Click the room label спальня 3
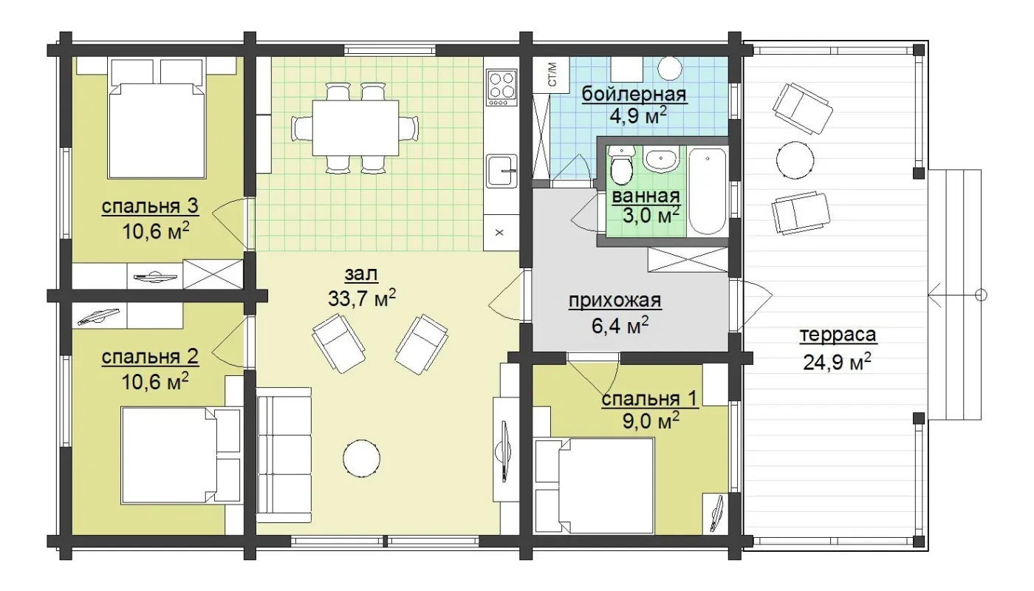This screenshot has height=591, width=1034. pos(150,206)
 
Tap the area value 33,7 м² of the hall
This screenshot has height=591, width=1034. pos(362,298)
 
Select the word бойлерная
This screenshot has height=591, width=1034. pos(634,95)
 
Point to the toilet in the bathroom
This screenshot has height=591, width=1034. pos(621,165)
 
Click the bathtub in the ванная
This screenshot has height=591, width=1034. pos(707,191)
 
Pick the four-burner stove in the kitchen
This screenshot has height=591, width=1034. pos(502,87)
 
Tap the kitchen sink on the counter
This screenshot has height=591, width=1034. pos(502,171)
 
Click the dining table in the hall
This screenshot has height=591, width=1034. pos(355,128)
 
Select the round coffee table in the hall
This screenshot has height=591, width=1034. pos(361,459)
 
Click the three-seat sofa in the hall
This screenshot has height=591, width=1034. pos(284,455)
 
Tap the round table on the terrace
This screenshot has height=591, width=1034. pos(795,160)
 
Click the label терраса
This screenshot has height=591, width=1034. pos(838,335)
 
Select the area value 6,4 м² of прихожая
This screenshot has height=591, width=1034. pos(620,326)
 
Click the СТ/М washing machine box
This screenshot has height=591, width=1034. pos(552,75)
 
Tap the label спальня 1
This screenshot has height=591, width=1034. pos(649,399)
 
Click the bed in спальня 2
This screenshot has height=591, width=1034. pos(168,455)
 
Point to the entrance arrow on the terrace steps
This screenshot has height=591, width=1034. pos(956,295)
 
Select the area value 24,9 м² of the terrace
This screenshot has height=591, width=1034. pos(837,362)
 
